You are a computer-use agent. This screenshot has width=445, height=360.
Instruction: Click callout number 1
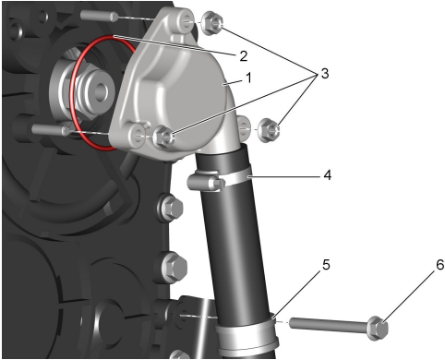click(248, 78)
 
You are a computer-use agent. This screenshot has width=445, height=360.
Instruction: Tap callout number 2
click(243, 56)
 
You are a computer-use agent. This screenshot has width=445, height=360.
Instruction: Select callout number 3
click(325, 74)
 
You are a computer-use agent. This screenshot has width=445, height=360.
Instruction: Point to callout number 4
click(327, 174)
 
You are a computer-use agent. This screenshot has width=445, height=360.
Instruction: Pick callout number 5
click(326, 265)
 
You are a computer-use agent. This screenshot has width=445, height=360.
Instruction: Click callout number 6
click(440, 265)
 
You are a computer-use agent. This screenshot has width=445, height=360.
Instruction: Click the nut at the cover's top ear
click(212, 23)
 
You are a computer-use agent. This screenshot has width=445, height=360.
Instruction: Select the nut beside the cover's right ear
click(270, 130)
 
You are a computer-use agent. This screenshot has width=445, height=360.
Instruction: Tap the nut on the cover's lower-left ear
click(163, 137)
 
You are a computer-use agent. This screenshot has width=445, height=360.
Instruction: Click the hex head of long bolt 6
click(378, 328)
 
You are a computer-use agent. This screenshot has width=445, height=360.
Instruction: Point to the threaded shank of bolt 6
click(329, 325)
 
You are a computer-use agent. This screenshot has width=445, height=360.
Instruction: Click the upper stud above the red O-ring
click(99, 15)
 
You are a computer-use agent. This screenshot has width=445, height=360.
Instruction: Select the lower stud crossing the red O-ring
click(52, 129)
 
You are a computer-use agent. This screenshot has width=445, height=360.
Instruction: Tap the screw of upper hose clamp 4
click(206, 182)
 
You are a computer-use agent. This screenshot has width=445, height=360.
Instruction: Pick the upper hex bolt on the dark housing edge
click(171, 208)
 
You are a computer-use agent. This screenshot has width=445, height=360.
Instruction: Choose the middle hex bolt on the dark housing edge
click(173, 267)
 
